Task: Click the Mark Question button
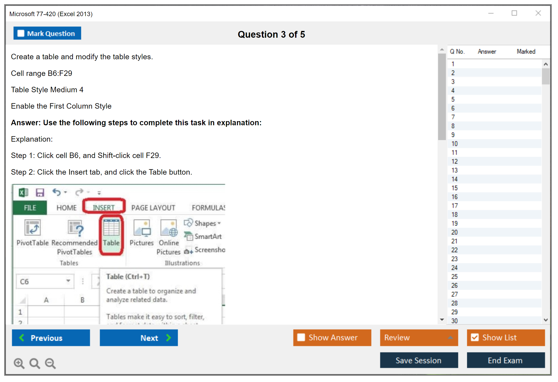point(47,33)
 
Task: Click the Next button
point(139,338)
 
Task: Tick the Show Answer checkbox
point(301,337)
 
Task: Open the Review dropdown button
point(419,338)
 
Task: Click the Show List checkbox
point(475,337)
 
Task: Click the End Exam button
point(506,360)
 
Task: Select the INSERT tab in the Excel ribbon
point(104,207)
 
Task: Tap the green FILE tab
point(30,208)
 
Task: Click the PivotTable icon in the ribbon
point(32,228)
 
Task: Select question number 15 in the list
point(454,188)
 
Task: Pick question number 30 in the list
point(454,321)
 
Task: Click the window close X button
point(538,13)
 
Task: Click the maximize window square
point(514,13)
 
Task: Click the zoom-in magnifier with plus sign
point(19,363)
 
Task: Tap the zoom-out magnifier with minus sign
point(50,363)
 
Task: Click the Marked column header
point(526,51)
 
